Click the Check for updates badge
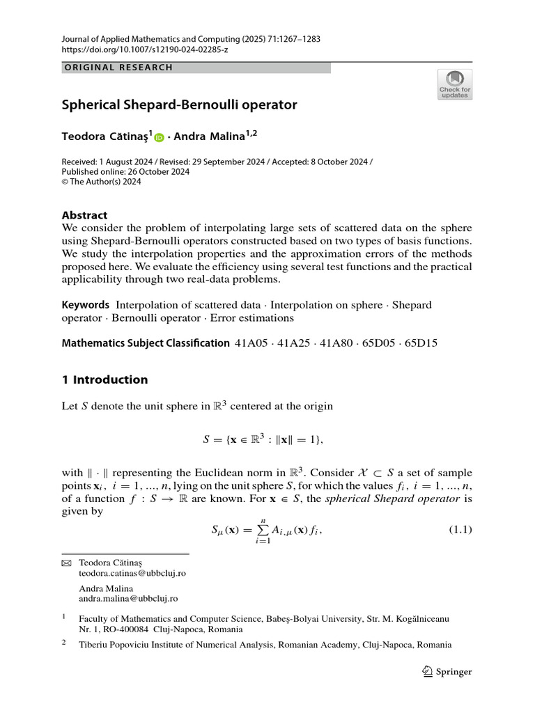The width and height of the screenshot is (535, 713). pos(454,84)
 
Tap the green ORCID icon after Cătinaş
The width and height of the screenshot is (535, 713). pos(159,138)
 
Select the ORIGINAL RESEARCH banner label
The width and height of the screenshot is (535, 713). pos(118,68)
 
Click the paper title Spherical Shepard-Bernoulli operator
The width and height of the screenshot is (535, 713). pos(179,105)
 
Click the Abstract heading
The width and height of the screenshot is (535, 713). pos(85,215)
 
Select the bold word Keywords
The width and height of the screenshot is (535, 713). pos(86,305)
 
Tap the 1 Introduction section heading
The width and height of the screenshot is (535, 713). pos(105,379)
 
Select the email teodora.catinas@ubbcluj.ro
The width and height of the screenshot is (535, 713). pos(132,573)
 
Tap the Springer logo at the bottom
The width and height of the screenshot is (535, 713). pos(447,672)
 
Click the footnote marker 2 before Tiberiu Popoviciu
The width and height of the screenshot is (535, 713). pos(63,643)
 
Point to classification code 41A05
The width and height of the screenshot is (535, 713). pos(251,343)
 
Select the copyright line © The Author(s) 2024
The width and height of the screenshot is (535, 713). pos(102,182)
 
